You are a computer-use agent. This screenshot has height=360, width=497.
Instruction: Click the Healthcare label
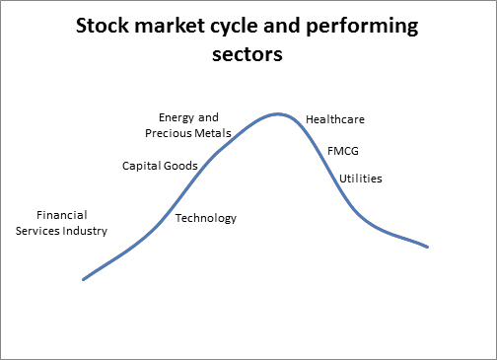point(335,119)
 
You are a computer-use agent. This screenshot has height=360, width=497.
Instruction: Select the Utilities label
point(361,179)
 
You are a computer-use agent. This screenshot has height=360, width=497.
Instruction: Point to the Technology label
point(206,218)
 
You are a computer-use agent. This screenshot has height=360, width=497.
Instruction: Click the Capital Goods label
point(160,166)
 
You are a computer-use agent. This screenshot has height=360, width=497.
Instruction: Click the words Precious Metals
point(188,132)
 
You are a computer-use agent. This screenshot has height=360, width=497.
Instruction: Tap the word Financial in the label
point(62,215)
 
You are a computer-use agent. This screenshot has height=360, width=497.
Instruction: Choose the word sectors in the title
point(248,55)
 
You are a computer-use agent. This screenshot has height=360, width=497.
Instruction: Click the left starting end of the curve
point(84,279)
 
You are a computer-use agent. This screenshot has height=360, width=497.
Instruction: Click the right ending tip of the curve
point(427,247)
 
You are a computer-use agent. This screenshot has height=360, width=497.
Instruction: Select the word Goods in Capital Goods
point(181,166)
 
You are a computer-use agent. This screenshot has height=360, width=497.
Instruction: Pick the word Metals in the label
point(213,132)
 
